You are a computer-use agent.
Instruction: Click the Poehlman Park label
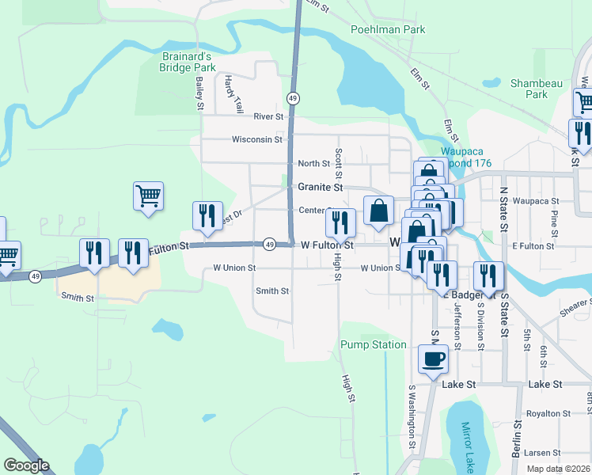coord(388,30)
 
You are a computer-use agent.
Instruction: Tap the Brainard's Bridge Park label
coord(187,62)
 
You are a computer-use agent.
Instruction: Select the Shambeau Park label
coord(537,89)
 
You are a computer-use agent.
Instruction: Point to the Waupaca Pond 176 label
coord(466,157)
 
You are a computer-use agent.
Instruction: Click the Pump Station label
coord(373,345)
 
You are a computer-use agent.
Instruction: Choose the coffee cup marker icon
coord(433,360)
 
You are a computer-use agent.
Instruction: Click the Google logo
coord(27,465)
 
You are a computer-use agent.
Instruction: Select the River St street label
coord(269,116)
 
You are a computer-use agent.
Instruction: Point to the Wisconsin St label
coord(256,139)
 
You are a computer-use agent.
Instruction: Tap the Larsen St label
coord(542,453)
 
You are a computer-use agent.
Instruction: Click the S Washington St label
coord(412,413)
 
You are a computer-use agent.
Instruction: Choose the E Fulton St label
coord(533,246)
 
